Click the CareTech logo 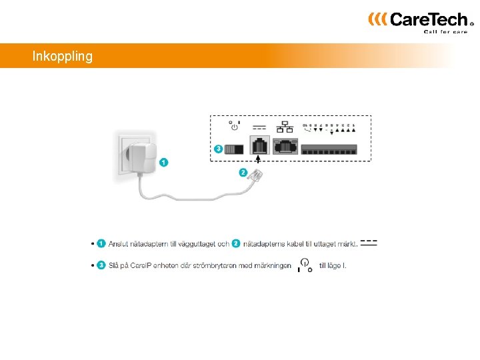(421, 20)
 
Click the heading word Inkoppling (63, 57)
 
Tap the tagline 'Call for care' (446, 31)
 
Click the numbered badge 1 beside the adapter (164, 161)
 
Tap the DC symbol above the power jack (259, 126)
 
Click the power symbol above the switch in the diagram (235, 125)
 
